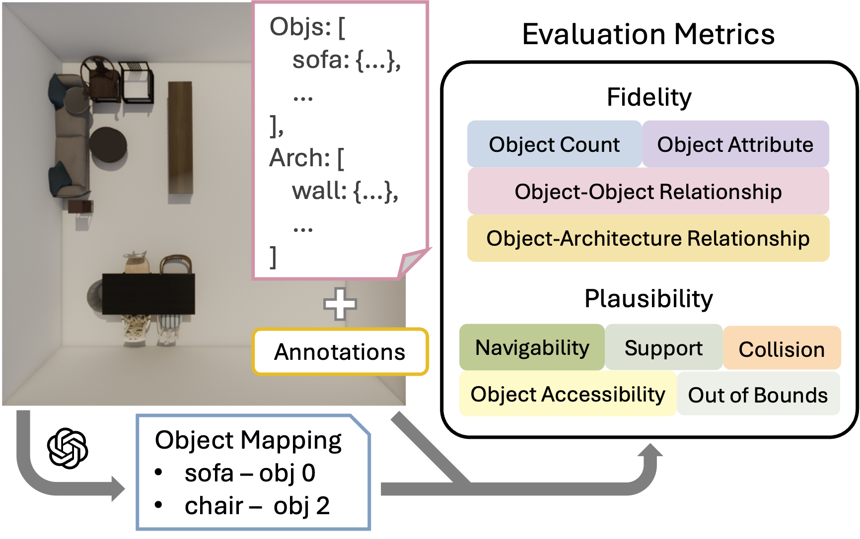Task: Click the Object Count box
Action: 554,144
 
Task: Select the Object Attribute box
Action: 735,144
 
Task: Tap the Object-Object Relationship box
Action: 648,192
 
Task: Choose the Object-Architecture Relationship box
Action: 648,239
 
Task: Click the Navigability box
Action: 532,347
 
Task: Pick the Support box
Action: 663,348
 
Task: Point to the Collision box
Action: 782,349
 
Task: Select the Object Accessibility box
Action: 568,394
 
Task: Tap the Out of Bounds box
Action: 758,395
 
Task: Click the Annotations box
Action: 340,352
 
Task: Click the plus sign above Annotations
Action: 340,304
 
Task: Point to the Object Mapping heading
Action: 248,440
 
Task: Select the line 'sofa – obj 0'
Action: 250,473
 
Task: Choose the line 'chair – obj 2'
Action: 257,506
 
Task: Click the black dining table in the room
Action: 148,293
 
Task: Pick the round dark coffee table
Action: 107,144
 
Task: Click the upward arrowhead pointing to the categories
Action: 650,451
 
